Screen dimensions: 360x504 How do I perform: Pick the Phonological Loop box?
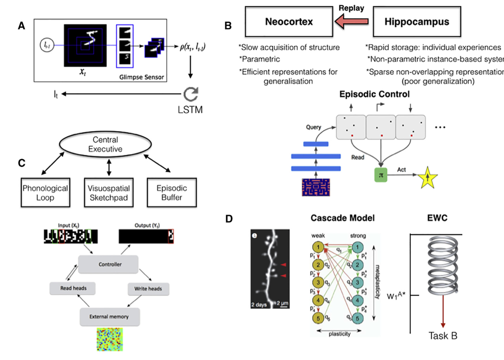(45, 193)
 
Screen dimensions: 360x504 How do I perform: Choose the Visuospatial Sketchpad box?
(109, 193)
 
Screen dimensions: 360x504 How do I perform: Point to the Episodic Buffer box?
(171, 193)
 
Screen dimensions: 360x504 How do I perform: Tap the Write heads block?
(148, 288)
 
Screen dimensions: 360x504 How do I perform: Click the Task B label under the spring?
(443, 336)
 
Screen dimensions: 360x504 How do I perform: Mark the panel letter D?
(229, 219)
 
